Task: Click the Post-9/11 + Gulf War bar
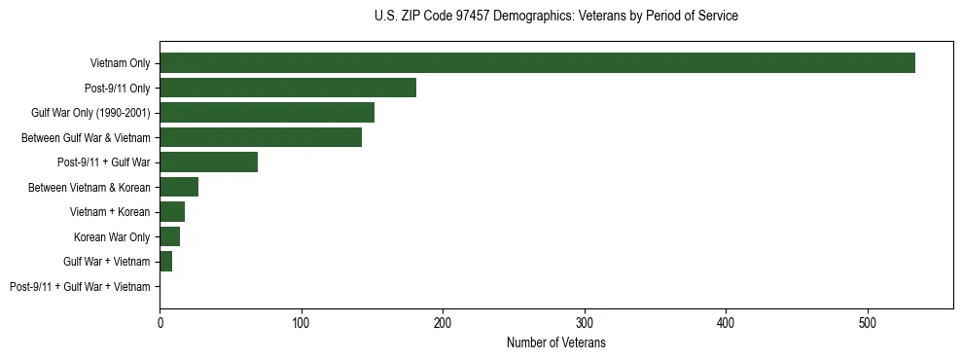point(208,162)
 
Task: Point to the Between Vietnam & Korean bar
point(179,187)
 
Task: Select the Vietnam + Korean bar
point(172,212)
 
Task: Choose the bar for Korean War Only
point(169,236)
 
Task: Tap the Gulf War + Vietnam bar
point(165,262)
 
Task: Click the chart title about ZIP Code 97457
point(555,17)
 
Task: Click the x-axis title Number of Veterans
point(555,343)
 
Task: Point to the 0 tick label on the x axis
point(160,322)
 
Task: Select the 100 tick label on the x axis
point(302,322)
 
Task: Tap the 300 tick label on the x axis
point(585,322)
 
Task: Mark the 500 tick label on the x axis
point(868,322)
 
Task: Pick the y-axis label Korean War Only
point(112,236)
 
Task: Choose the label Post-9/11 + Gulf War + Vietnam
point(80,286)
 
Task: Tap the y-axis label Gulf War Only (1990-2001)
point(90,113)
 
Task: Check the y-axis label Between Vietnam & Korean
point(89,187)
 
